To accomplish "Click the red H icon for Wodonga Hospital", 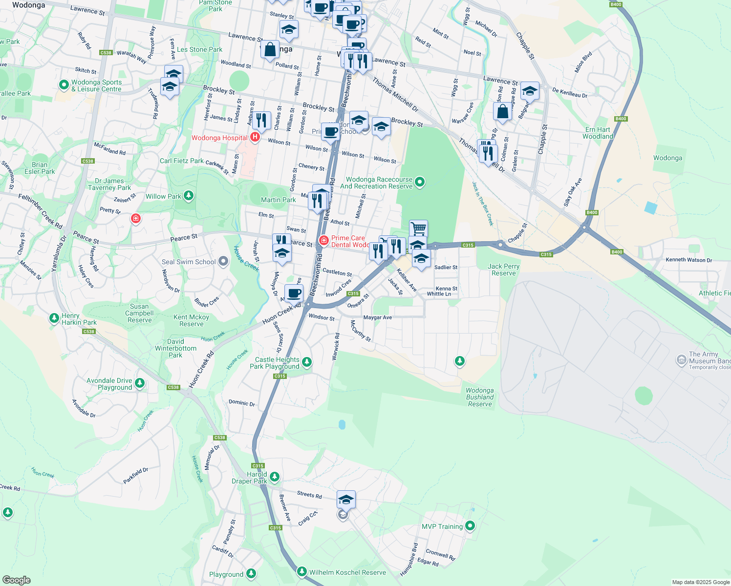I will pos(255,138).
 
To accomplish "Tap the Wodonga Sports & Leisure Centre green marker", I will pos(64,85).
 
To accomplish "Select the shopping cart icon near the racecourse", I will pos(418,228).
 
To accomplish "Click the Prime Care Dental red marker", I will pos(323,241).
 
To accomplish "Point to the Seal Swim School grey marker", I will pos(223,262).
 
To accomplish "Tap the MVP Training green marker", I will pos(470,526).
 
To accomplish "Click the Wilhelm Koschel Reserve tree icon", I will pos(302,571).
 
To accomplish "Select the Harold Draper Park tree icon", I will pos(275,476).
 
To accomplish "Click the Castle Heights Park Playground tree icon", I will pos(307,362).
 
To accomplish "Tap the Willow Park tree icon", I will pos(189,196).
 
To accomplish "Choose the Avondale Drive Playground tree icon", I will pos(140,383).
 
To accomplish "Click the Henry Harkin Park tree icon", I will pos(54,318).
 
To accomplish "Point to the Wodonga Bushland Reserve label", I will pos(479,397).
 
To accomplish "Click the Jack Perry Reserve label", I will pos(503,270).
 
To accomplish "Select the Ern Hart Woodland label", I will pos(598,133).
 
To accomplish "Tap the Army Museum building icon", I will pos(681,360).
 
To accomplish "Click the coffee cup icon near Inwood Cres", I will pos(294,293).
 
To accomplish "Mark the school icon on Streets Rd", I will pos(346,499).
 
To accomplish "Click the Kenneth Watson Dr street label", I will pos(688,260).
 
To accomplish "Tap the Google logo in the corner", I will pos(16,580).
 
